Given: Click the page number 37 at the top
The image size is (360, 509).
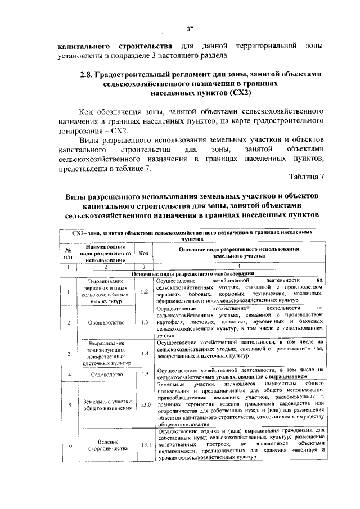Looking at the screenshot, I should click(190, 29).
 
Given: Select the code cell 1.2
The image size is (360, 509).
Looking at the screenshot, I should click(144, 291).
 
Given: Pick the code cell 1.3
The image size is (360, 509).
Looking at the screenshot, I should click(144, 322).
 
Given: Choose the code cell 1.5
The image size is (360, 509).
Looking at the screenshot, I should click(144, 373).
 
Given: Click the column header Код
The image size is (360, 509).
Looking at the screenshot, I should click(144, 253).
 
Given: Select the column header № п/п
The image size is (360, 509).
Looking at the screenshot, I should click(67, 253).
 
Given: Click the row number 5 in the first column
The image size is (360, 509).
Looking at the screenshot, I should click(67, 404).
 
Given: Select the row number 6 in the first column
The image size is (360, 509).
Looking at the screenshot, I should click(67, 444).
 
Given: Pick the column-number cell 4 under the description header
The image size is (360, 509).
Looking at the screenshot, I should click(238, 266).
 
